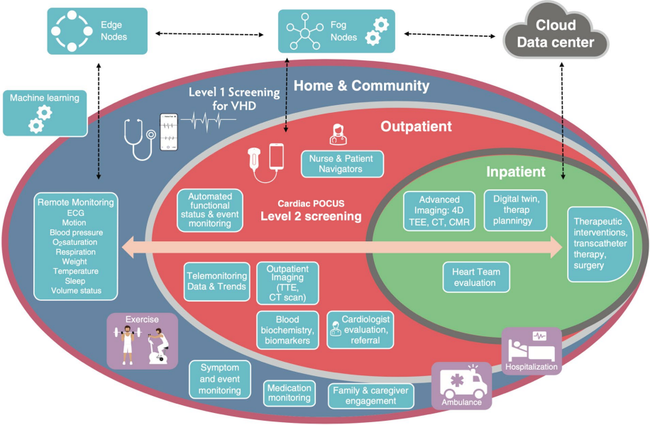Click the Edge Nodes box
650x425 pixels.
point(97,31)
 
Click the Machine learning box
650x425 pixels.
point(44,111)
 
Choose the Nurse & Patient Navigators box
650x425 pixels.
point(342,164)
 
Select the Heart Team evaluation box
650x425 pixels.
point(475,277)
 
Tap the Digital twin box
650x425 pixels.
point(515,211)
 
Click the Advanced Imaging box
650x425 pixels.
point(439,211)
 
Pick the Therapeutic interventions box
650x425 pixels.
point(598,243)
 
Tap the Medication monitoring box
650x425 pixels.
point(289,393)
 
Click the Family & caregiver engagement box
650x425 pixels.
point(371,396)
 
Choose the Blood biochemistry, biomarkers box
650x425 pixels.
point(287,330)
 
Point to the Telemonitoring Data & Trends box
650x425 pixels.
point(217,282)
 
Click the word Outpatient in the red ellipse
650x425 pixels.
point(416,126)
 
